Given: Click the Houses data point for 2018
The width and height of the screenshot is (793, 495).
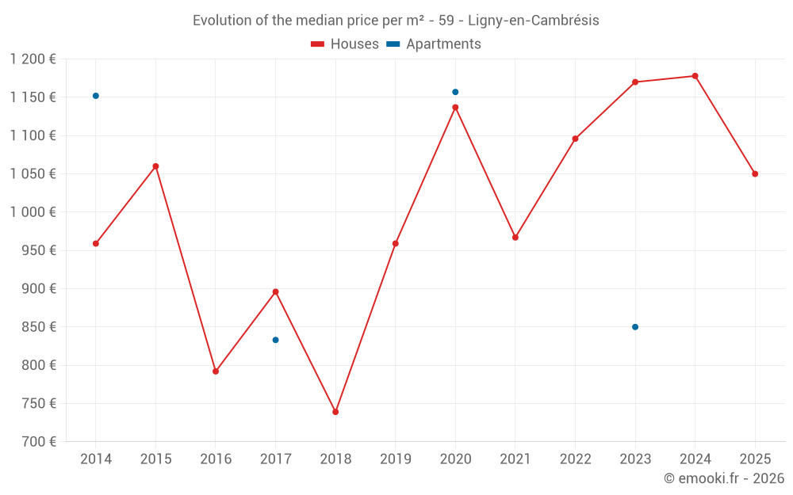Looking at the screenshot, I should (335, 412).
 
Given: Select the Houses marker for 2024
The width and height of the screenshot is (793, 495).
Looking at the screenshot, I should (695, 76).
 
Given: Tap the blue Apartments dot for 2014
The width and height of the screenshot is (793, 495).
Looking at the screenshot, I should (96, 96).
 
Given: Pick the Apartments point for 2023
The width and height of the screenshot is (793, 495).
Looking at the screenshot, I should (635, 327).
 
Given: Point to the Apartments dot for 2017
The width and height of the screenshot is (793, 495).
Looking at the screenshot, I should (275, 340).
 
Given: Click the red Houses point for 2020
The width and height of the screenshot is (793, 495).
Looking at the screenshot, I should (455, 107).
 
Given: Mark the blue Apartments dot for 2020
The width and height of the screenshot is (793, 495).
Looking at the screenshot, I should (455, 92).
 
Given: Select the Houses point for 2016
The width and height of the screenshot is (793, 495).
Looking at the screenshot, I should (216, 371).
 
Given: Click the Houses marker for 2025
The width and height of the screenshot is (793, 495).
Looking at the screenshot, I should (755, 173).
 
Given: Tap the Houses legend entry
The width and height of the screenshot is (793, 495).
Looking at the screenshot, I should (345, 44).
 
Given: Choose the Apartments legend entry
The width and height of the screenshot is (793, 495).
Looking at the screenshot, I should (434, 44).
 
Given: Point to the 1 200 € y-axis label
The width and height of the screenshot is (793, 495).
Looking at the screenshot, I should (33, 59).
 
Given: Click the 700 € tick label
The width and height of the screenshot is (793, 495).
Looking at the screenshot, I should (39, 442).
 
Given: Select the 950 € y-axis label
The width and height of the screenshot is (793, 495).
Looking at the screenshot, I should (39, 250).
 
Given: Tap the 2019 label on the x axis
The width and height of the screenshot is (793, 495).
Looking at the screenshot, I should (396, 459).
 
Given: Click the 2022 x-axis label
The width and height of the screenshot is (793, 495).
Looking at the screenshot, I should (575, 459).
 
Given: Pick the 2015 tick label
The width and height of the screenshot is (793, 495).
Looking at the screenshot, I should (155, 459).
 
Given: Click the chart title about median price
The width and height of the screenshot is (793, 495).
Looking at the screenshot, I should (396, 20).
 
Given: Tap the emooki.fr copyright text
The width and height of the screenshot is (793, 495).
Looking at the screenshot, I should (723, 478).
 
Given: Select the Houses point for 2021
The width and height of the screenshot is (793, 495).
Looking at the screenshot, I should (515, 238).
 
